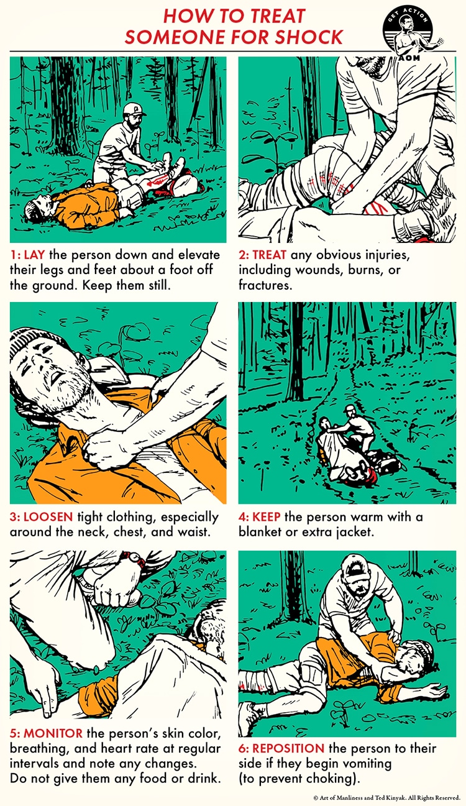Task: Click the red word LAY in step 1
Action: coord(34,255)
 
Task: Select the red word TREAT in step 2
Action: coord(269,255)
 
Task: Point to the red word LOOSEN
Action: coord(48,516)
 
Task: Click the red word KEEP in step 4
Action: coord(267,516)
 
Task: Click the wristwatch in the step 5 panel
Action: coord(134,558)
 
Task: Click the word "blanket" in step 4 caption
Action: coord(260,532)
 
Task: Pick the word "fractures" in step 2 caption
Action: coord(265,285)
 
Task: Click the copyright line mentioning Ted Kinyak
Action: coord(387,797)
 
